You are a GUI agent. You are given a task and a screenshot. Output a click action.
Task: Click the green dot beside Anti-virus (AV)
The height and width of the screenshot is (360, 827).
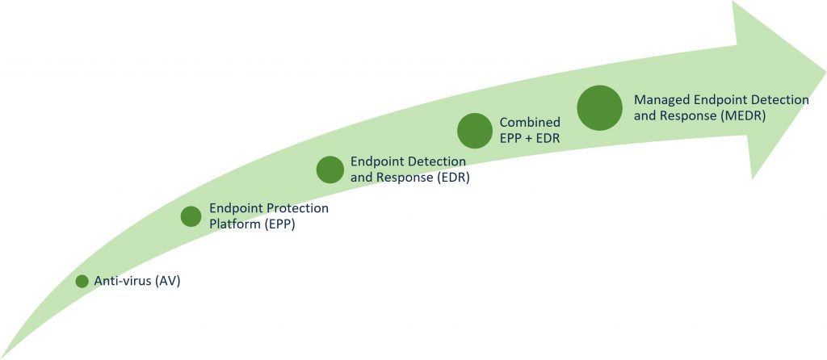82,282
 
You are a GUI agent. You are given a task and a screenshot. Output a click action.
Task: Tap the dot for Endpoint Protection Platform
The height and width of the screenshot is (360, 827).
191,216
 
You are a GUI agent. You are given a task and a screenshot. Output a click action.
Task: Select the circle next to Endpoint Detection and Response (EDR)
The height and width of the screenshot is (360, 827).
330,170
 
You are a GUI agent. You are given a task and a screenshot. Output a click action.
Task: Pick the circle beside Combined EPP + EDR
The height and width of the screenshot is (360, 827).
475,131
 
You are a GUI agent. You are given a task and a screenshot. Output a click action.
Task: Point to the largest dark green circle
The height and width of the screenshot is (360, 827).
600,108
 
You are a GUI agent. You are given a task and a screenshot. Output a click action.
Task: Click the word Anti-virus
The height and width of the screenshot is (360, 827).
123,282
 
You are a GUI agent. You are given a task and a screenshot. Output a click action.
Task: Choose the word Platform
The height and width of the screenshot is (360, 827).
233,224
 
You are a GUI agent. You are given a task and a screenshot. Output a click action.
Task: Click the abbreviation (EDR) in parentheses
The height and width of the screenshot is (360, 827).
453,178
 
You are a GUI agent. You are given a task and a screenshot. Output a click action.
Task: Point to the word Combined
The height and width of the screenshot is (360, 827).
530,123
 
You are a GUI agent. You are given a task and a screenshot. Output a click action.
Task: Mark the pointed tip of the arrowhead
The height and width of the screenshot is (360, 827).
825,71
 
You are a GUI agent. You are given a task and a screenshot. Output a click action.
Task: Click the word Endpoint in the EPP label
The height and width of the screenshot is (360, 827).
235,208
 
